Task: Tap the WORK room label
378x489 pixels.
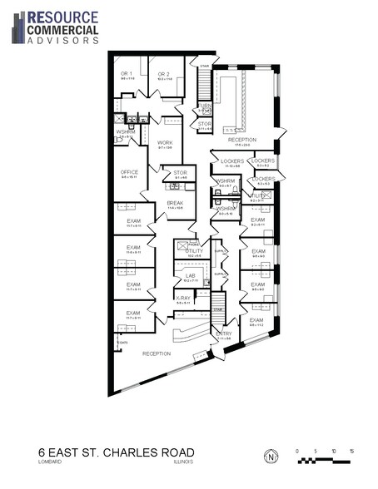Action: pos(166,142)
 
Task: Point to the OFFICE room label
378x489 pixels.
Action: pos(129,172)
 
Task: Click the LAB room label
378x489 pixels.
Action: pos(190,275)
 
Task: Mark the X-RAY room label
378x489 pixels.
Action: pos(183,298)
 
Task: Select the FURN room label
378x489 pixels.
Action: pos(205,106)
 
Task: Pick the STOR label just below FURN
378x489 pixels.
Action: pos(205,124)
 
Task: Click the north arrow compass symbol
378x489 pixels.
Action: pos(271,457)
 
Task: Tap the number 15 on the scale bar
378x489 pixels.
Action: pos(352,451)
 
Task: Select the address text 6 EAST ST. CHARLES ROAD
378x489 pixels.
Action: pos(117,453)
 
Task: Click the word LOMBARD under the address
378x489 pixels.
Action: pos(50,465)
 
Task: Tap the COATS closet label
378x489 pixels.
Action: pos(122,342)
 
